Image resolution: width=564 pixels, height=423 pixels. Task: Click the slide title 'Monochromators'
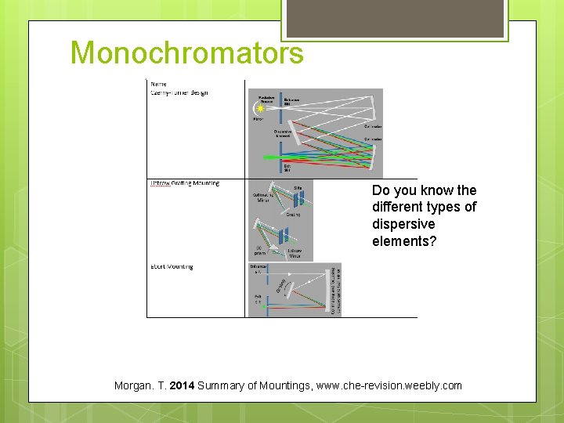pos(186,53)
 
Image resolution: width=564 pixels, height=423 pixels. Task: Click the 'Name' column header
pos(158,84)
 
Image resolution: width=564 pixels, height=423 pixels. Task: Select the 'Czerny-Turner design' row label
pos(179,93)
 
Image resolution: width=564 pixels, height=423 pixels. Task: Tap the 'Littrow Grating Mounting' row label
pos(184,183)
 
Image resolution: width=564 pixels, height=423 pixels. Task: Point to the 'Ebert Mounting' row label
pos(171,267)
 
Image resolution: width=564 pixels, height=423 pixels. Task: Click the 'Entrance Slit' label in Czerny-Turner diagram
pos(291,101)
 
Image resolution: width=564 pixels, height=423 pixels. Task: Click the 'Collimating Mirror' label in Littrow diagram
pos(263,197)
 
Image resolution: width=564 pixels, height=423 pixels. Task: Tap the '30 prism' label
pos(258,251)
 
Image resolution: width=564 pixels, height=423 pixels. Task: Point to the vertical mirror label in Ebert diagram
pos(336,290)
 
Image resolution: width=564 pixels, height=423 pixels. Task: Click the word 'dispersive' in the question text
pos(399,225)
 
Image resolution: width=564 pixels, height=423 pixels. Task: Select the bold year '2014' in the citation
pos(182,385)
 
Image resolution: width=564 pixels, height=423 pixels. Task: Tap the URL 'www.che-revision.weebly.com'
pos(386,385)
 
